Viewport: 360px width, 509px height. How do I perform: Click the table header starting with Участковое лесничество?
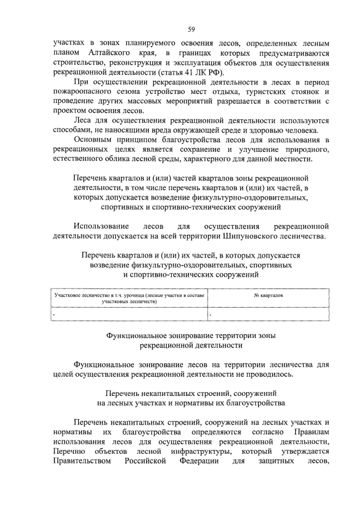(129, 298)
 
